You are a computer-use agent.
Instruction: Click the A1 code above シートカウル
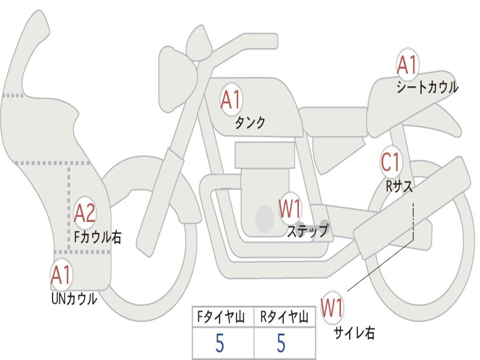407,66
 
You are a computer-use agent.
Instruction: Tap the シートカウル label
427,87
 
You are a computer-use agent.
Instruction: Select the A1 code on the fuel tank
231,100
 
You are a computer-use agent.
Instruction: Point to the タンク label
250,123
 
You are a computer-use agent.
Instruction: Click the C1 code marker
390,162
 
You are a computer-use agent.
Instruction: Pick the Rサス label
399,186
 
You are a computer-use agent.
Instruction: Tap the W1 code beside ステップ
291,209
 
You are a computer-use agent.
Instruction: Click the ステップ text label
307,231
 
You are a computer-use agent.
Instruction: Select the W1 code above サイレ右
332,308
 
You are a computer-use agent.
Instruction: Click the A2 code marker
85,213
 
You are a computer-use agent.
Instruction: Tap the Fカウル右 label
97,237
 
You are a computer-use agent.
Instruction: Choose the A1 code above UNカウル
60,275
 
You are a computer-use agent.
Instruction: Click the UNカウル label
74,298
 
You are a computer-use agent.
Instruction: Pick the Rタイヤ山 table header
284,318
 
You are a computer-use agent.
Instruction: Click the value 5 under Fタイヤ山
220,344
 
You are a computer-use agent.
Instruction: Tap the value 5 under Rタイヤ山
281,344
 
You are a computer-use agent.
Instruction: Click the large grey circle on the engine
264,218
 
